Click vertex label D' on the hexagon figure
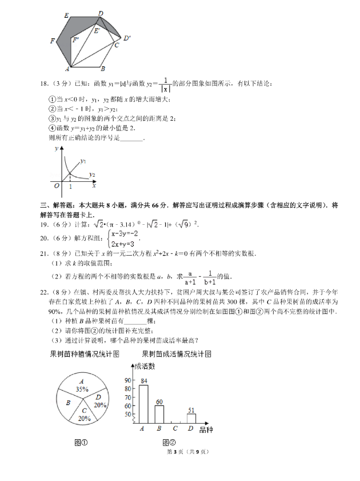(127, 38)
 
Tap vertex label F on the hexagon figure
(53, 41)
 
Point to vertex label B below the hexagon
(102, 69)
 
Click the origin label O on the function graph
(57, 185)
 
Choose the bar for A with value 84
(143, 404)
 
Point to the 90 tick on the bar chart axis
(129, 379)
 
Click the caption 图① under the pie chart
(81, 442)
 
